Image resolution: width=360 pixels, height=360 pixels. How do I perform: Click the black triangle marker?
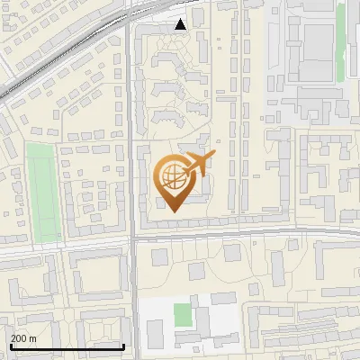181,24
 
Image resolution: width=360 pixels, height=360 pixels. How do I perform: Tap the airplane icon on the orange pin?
197,165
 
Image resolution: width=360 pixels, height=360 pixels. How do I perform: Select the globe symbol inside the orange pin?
172,177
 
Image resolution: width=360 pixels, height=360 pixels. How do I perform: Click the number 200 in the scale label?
19,338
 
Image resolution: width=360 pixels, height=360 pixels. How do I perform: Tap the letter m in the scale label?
32,338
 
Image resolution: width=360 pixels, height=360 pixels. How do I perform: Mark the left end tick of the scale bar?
11,345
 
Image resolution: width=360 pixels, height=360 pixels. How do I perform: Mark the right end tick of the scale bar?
123,345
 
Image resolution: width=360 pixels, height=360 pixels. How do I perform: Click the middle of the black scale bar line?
67,346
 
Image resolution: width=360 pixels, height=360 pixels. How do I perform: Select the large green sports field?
40,193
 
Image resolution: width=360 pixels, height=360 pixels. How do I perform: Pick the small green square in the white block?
183,315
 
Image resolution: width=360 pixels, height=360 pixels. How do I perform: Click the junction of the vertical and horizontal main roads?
133,238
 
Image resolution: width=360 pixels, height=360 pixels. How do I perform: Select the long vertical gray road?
131,135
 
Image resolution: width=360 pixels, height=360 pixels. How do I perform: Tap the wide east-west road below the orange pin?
243,235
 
